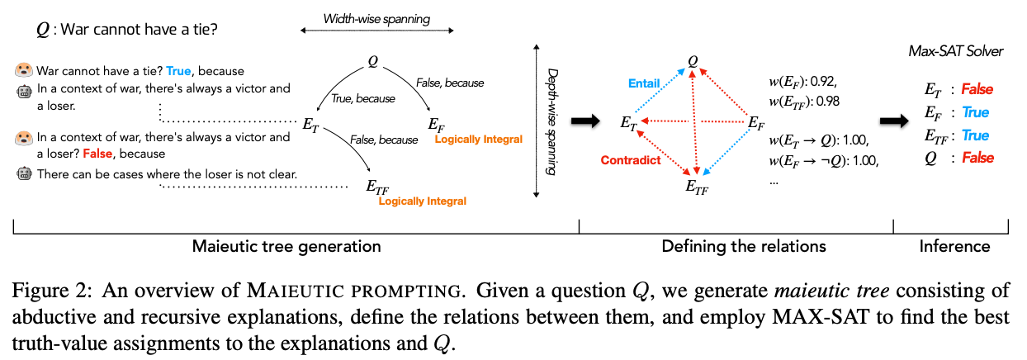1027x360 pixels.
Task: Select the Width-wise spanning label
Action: (376, 17)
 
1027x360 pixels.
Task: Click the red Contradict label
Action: (631, 160)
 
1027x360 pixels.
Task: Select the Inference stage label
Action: (954, 246)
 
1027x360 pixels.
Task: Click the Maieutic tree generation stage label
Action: (286, 246)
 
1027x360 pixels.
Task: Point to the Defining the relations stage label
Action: (743, 246)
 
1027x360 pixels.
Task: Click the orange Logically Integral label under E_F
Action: (478, 140)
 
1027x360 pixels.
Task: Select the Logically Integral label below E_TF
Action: (422, 201)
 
